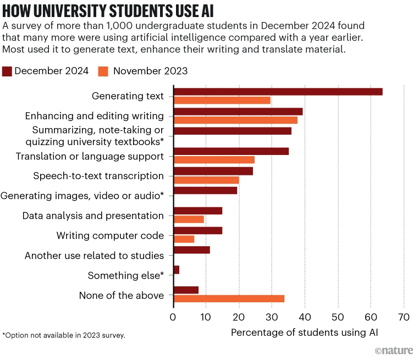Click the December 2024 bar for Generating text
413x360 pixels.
(278, 92)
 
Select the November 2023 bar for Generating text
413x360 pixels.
(222, 101)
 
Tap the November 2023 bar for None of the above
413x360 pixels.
(229, 298)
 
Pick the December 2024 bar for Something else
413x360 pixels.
(177, 270)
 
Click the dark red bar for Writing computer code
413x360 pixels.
(198, 230)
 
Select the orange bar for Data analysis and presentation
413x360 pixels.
(189, 219)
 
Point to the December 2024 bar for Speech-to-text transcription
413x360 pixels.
(213, 171)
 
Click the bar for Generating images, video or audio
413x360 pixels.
(206, 190)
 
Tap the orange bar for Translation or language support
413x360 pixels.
(214, 160)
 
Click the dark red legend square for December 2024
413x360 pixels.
(7, 71)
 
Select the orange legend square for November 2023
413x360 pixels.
(103, 71)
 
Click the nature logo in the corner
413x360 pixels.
(393, 351)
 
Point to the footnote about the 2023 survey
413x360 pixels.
(64, 335)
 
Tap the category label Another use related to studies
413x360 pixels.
(95, 256)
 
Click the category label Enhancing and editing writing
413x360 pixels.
(95, 116)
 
